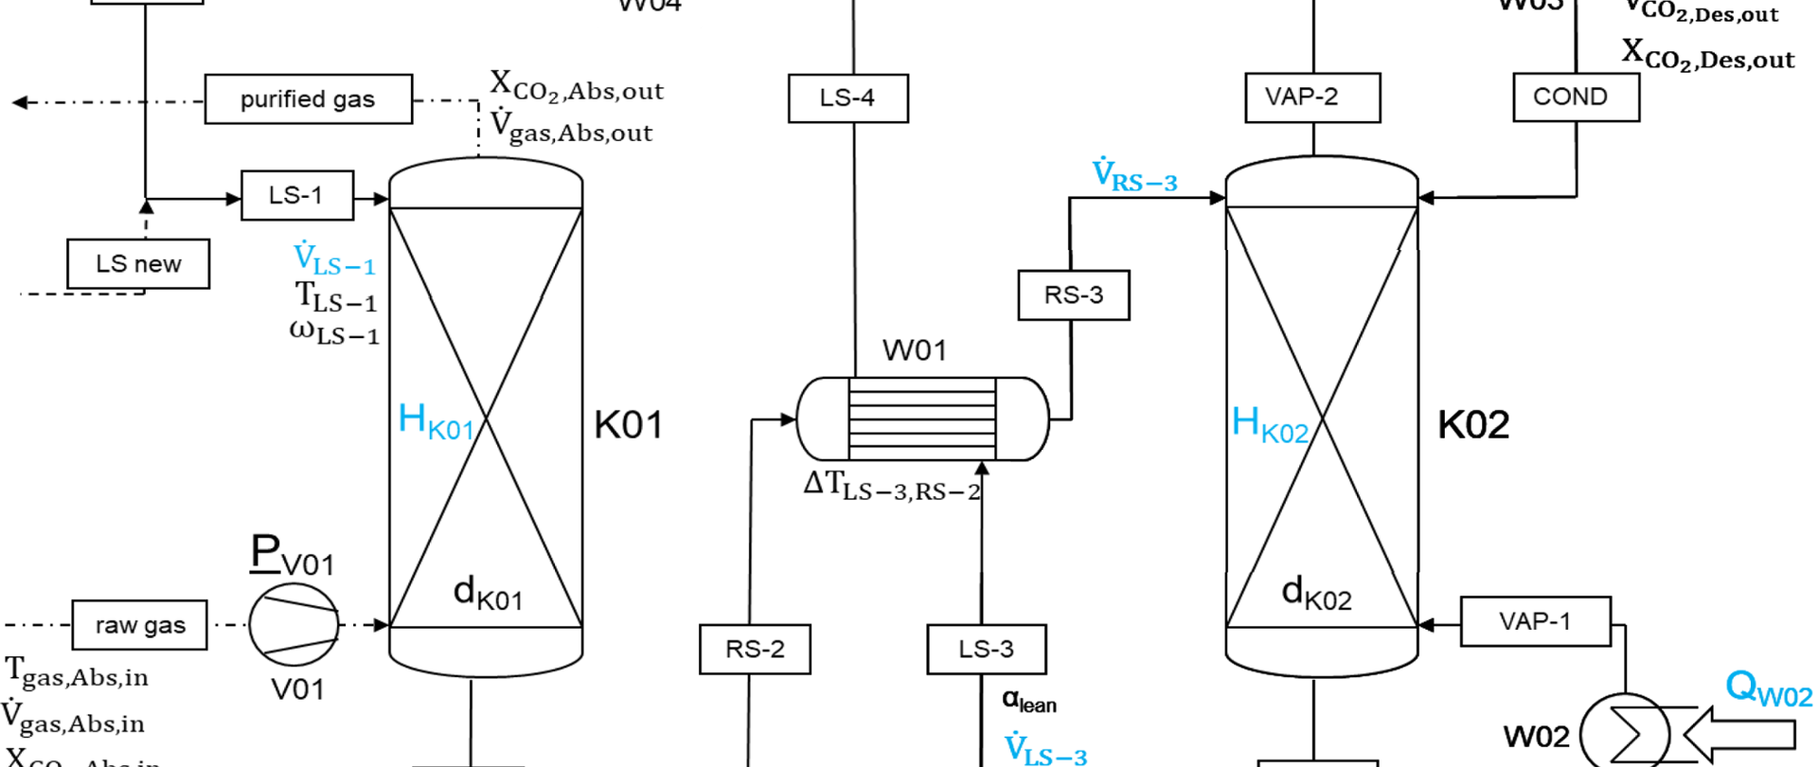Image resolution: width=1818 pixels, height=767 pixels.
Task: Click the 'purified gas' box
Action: coord(308,99)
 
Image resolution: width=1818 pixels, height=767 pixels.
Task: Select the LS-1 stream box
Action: coord(296,196)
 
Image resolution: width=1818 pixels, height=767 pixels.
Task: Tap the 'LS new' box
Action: coord(138,264)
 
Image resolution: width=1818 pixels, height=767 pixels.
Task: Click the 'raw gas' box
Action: coord(139,625)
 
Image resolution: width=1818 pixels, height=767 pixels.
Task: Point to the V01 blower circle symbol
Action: coord(294,625)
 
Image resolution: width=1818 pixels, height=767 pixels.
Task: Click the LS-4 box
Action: coord(847,98)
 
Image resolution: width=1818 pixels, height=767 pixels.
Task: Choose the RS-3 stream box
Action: coord(1073,295)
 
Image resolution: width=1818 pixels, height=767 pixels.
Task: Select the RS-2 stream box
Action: coord(755,650)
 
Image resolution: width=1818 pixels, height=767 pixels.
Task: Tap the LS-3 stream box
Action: coord(986,650)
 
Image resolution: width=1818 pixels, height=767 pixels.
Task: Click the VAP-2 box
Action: coord(1311,98)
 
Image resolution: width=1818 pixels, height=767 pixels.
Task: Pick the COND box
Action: coord(1575,98)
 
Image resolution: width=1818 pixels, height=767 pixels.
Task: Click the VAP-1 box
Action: coord(1535,622)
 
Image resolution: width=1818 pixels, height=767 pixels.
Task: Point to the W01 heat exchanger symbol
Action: coord(922,419)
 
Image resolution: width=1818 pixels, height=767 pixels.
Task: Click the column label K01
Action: coord(628,425)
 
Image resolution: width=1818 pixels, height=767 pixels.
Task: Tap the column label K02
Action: coord(1472,425)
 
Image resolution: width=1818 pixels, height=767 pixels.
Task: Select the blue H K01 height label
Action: coord(436,421)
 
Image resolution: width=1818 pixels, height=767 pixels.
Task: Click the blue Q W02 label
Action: coord(1768,688)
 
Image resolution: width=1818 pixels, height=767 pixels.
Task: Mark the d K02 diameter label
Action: coord(1316,594)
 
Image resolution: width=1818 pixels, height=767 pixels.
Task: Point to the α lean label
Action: coord(1028,702)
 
